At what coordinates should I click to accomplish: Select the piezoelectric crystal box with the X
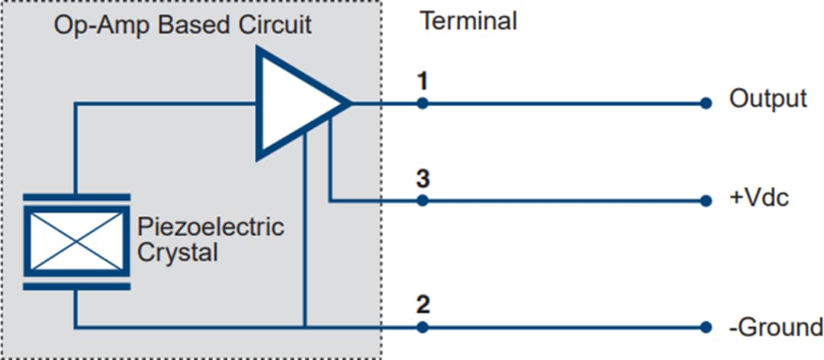click(75, 240)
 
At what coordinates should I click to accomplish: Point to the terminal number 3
click(423, 180)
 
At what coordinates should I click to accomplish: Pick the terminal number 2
click(423, 306)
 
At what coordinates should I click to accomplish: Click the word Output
click(768, 99)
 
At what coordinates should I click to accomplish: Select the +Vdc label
click(759, 198)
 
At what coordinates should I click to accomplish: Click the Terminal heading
click(468, 21)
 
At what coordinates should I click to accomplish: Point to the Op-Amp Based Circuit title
click(182, 24)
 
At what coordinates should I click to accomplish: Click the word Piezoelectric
click(211, 227)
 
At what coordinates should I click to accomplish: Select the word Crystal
click(177, 252)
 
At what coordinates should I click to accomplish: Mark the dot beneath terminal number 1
click(423, 103)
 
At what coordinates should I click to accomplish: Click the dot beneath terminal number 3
click(423, 201)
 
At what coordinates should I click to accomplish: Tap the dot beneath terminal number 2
click(423, 328)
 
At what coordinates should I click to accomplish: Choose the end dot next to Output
click(706, 103)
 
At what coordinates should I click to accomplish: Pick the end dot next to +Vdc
click(706, 201)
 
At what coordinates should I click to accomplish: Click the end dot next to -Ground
click(706, 328)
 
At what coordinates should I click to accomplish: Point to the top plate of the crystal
click(75, 197)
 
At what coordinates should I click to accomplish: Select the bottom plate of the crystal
click(75, 287)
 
